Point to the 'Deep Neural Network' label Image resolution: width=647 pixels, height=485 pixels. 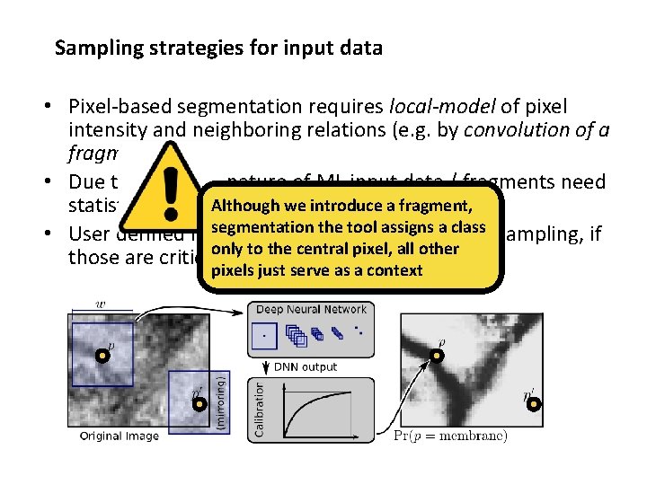[x=311, y=310]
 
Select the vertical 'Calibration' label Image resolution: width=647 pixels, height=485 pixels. [x=259, y=409]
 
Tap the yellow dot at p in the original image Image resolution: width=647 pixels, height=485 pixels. [x=102, y=356]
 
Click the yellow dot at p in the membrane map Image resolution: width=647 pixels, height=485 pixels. [x=436, y=356]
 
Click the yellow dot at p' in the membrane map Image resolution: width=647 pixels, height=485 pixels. [x=534, y=404]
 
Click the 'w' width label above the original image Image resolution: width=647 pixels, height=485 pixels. [x=100, y=304]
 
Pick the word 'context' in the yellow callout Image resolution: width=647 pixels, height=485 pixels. [x=392, y=269]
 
